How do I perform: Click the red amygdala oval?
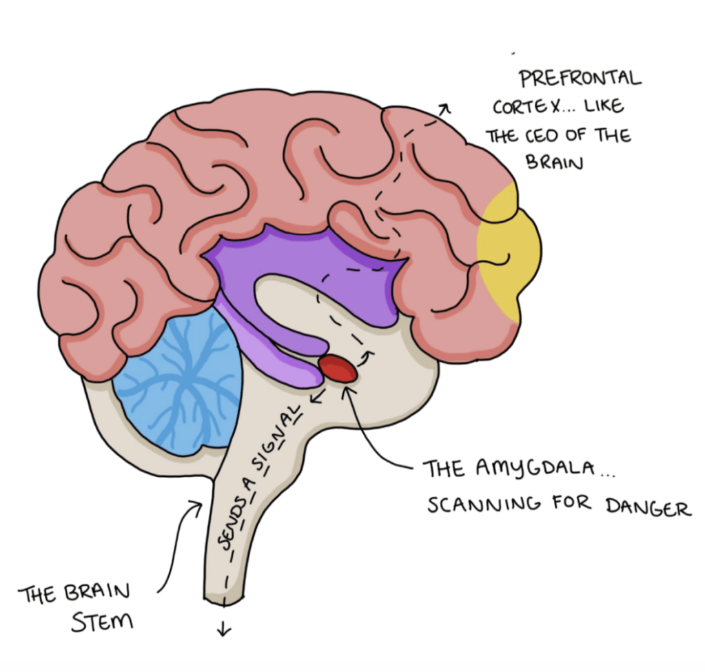338,369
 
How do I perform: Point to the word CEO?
537,136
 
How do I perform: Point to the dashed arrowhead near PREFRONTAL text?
445,108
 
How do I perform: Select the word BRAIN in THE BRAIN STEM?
99,593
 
